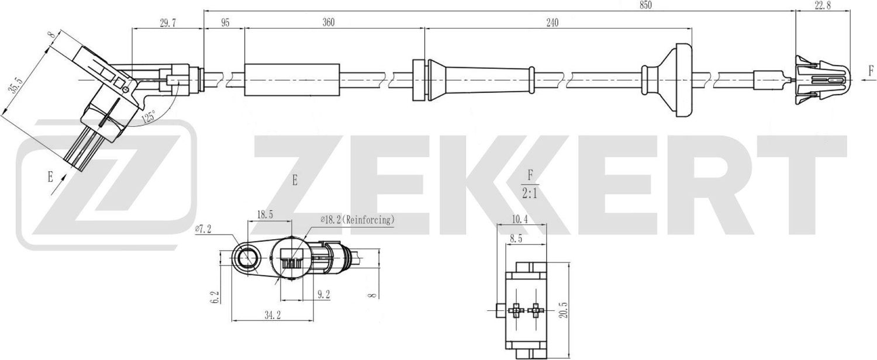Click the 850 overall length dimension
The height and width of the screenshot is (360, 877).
pyautogui.click(x=645, y=5)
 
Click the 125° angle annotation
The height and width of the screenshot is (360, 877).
pyautogui.click(x=149, y=117)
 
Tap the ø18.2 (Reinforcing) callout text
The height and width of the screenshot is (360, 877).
pyautogui.click(x=357, y=220)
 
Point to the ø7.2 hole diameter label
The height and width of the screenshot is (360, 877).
pyautogui.click(x=204, y=230)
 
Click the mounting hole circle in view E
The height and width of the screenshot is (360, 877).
pyautogui.click(x=246, y=257)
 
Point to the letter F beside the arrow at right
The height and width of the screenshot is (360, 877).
pyautogui.click(x=871, y=72)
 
